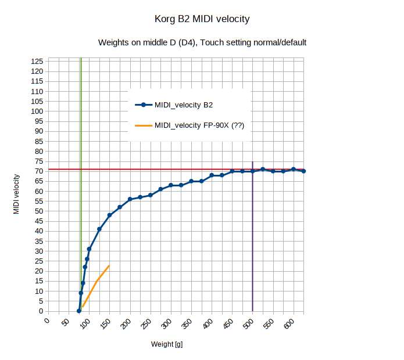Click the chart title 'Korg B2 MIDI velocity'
pos(202,19)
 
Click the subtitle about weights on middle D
pos(202,42)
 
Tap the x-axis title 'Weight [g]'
pos(167,344)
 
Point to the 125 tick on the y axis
pos(37,62)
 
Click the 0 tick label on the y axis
pos(41,311)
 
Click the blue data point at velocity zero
pos(79,311)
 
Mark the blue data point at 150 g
pos(109,215)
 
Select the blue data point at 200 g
pos(130,199)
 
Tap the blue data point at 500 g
pos(252,171)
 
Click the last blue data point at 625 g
pos(303,171)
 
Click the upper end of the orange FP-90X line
pos(109,266)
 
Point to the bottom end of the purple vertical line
pos(252,311)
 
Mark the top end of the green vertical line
pos(81,59)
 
